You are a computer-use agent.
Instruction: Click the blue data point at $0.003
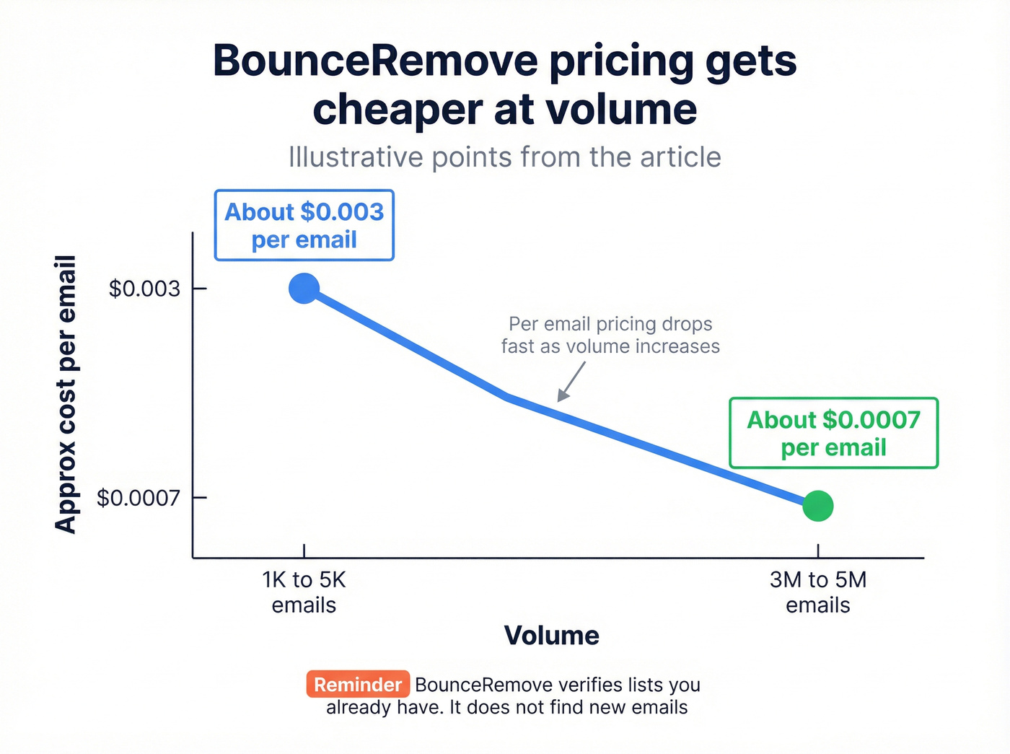[x=304, y=289]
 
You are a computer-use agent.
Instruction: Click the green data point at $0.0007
[x=818, y=506]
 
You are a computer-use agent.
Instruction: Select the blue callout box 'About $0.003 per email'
[x=304, y=225]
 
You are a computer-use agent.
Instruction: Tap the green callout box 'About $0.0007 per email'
[x=833, y=433]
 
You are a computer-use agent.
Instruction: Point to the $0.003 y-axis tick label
[x=144, y=289]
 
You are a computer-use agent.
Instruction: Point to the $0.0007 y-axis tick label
[x=139, y=498]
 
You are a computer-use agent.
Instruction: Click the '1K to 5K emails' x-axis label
[x=304, y=592]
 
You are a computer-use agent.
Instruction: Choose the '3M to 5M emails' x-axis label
[x=818, y=592]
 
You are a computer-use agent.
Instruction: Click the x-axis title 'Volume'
[x=551, y=636]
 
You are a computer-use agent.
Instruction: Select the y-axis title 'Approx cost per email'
[x=66, y=394]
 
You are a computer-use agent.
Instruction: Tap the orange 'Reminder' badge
[x=358, y=684]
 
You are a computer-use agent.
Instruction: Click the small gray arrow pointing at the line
[x=571, y=381]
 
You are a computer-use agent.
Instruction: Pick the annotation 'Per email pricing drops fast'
[x=610, y=335]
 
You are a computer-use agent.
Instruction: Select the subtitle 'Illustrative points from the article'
[x=504, y=157]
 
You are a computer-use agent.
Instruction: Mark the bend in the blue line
[x=509, y=396]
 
